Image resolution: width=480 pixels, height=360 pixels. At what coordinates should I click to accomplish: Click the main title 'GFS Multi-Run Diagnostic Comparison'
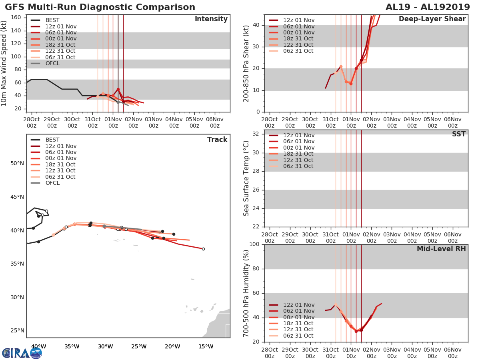[100, 7]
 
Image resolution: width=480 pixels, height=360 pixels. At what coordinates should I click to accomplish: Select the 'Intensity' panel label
[211, 19]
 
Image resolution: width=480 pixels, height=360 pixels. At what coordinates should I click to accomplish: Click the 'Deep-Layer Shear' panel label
[432, 19]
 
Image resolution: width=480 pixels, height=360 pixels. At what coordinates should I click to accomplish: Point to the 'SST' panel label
[458, 134]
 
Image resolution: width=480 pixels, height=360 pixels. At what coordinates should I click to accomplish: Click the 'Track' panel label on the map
[217, 140]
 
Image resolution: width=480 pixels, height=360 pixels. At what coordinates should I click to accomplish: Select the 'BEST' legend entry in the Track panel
[52, 140]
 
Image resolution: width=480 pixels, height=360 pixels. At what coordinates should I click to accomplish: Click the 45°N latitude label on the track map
[17, 197]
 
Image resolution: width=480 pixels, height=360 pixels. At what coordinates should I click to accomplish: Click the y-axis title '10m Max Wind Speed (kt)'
[4, 63]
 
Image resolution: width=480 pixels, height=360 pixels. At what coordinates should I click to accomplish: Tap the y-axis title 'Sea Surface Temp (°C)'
[246, 178]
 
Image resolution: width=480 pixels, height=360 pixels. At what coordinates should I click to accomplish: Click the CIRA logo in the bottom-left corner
[22, 353]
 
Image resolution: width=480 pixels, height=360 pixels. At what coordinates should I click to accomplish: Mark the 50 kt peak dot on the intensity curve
[118, 89]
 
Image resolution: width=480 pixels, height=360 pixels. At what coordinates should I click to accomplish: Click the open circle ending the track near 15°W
[203, 249]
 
